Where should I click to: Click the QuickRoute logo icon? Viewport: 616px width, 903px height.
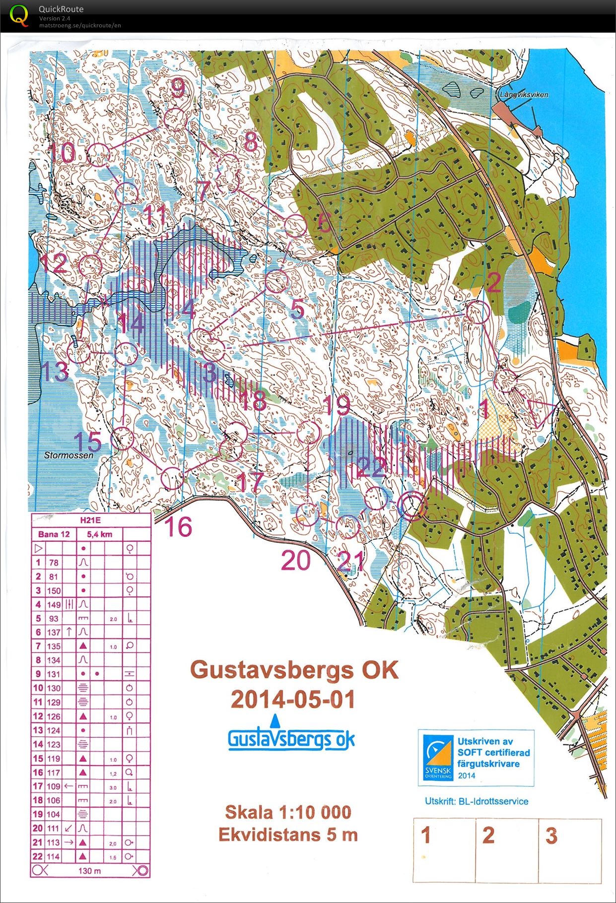tap(19, 15)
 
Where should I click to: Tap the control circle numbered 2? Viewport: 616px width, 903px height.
tap(478, 313)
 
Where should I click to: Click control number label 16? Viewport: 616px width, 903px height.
tap(178, 526)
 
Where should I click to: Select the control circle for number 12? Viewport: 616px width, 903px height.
tap(90, 266)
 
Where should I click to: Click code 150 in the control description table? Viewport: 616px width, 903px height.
tap(54, 590)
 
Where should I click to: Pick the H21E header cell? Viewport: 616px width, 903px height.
tap(90, 520)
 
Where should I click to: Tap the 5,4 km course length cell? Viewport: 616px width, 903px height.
tap(99, 534)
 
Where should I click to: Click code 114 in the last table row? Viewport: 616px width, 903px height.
tap(54, 856)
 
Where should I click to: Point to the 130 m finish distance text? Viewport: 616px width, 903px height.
tap(89, 871)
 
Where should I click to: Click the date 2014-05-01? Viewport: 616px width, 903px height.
tap(293, 700)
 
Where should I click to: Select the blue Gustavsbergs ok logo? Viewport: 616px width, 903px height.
tap(291, 738)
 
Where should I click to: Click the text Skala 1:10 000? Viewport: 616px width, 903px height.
tap(288, 812)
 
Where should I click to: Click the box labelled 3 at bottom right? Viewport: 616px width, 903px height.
tap(570, 849)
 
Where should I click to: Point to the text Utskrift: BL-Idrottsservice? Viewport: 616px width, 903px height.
tap(476, 801)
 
